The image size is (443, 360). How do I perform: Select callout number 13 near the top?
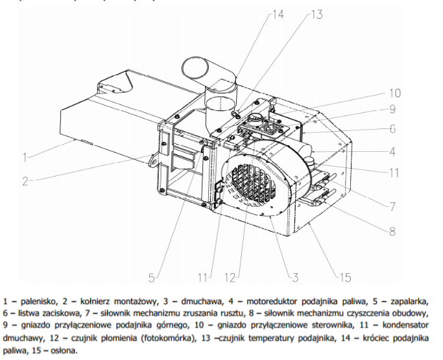pos(316,14)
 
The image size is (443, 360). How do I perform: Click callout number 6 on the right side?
pos(393,128)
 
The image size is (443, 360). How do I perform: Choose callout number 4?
pos(393,153)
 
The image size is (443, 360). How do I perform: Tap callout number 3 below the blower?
pos(294,278)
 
